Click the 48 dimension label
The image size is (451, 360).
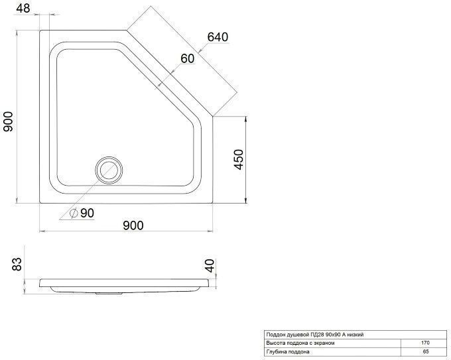point(23,8)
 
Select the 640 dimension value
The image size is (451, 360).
point(218,37)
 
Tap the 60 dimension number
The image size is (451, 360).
point(188,58)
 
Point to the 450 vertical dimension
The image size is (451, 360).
point(239,159)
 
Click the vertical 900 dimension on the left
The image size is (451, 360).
point(8,121)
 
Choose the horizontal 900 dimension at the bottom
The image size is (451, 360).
point(133,225)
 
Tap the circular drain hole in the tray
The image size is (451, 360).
point(109,170)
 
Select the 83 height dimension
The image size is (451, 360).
point(17,264)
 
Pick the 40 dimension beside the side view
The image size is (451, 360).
point(210,265)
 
